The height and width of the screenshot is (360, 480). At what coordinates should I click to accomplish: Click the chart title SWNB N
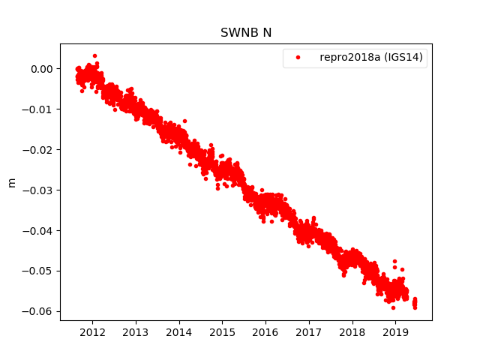tap(245, 33)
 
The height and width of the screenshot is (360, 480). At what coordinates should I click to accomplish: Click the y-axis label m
tap(11, 182)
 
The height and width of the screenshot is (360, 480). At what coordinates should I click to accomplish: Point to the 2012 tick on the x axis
tap(92, 331)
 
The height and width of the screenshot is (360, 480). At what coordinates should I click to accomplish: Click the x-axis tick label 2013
tap(136, 331)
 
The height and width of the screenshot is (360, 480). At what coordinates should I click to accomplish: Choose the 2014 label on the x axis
tap(179, 331)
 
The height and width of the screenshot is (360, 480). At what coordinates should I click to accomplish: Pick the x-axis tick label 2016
tap(265, 331)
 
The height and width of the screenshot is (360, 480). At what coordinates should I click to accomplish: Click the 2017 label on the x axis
tap(309, 331)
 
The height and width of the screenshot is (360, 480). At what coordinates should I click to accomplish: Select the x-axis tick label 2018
tap(352, 331)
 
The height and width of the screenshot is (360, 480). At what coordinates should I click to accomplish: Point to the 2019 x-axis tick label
tap(395, 331)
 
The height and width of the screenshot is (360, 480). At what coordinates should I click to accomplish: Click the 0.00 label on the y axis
tap(42, 69)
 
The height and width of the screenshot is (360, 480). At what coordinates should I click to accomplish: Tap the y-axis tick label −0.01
tap(39, 109)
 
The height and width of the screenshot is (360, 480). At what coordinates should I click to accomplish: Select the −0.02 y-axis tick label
tap(39, 150)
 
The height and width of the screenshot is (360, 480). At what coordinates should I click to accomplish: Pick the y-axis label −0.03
tap(39, 190)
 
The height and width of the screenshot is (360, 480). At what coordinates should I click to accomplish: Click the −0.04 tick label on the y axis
tap(39, 230)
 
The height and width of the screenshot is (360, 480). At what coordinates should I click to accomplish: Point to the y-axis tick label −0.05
tap(39, 271)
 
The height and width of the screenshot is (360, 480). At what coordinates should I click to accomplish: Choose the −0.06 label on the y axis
tap(39, 311)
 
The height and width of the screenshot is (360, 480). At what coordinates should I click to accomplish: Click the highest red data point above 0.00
tap(94, 55)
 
